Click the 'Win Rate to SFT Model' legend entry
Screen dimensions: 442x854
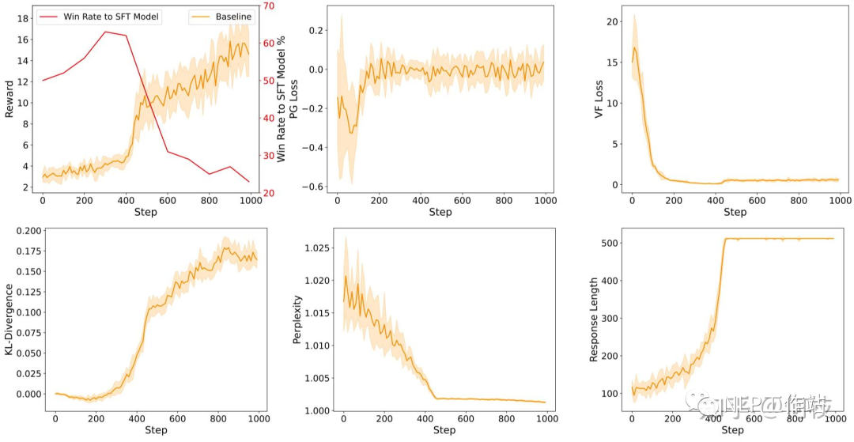(111, 17)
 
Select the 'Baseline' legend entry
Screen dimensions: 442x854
(233, 17)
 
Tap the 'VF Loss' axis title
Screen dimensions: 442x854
(598, 98)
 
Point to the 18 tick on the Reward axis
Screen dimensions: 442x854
(24, 18)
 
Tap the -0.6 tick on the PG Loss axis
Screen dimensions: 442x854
(316, 187)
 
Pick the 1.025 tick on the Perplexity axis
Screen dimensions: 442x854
(319, 248)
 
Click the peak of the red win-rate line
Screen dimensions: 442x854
(105, 32)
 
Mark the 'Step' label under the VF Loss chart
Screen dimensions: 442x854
(735, 212)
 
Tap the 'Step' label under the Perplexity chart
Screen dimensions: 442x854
(444, 430)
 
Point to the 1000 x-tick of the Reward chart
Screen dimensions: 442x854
(250, 201)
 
